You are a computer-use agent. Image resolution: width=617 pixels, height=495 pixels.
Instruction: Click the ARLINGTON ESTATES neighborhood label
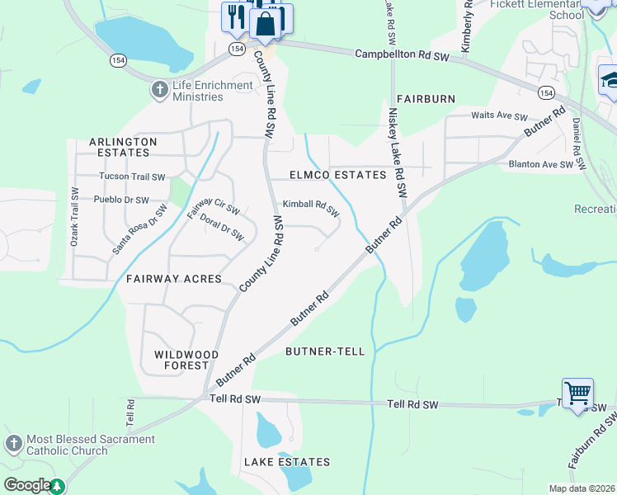click(123, 147)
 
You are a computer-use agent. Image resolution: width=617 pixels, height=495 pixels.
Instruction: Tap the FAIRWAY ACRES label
click(174, 279)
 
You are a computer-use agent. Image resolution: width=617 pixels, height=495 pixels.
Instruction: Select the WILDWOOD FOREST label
click(186, 360)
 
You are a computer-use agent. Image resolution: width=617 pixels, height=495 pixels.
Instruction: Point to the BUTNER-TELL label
click(325, 351)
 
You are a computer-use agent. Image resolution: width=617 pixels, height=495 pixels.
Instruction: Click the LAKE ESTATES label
click(287, 462)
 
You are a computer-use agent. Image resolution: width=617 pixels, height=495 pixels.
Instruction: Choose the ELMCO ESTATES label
click(338, 175)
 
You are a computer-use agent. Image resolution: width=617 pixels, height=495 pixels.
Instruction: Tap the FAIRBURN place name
click(426, 99)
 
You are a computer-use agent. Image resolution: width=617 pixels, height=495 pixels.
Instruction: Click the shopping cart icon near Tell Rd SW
click(577, 393)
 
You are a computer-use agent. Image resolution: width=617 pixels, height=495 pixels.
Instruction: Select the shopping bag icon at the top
click(266, 24)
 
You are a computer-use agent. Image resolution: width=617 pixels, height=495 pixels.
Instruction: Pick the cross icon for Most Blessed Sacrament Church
click(13, 444)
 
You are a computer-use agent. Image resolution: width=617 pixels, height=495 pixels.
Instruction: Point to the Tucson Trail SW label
click(132, 177)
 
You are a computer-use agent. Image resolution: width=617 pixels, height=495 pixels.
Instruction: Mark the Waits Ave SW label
click(498, 116)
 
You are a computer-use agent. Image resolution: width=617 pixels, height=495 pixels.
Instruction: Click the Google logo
click(26, 485)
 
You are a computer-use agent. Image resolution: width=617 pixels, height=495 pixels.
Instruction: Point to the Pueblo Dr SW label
click(121, 200)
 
